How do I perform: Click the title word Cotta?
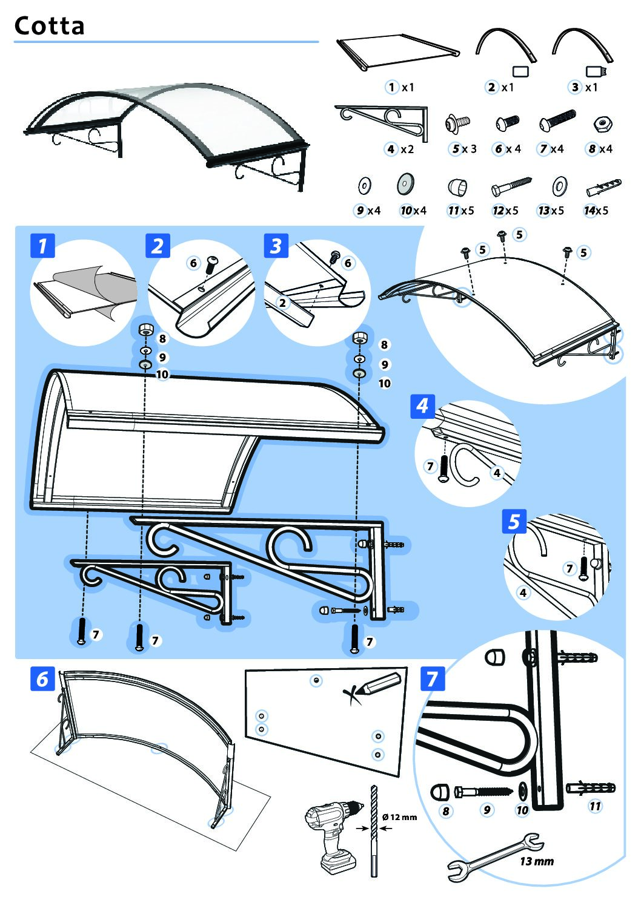click(49, 25)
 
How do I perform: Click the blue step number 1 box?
click(42, 246)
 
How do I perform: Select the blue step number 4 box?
click(422, 405)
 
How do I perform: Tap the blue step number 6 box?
click(42, 678)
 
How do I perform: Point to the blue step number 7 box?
click(432, 678)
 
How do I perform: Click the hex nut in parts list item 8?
click(603, 124)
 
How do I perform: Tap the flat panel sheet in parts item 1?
click(397, 53)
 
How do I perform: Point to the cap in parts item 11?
click(457, 187)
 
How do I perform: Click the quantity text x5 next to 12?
click(512, 211)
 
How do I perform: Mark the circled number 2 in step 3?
click(282, 303)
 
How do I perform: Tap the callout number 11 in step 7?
click(595, 806)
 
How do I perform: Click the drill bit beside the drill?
click(373, 829)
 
